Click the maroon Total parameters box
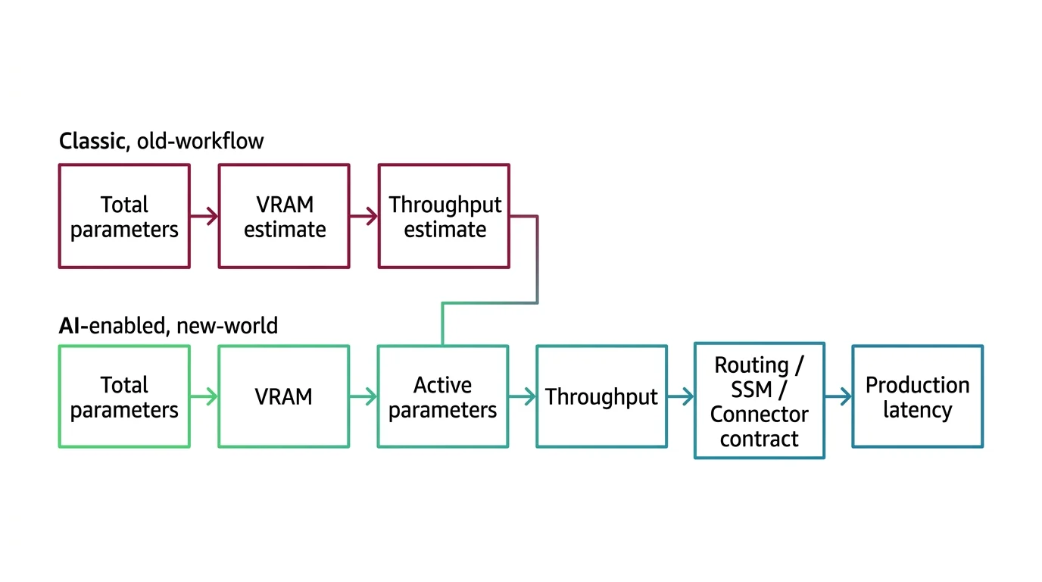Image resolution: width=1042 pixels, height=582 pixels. [x=124, y=216]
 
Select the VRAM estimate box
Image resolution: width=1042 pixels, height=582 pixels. [x=284, y=216]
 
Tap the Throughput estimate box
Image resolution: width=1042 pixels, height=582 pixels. [x=444, y=216]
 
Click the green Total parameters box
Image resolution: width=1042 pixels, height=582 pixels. [x=124, y=396]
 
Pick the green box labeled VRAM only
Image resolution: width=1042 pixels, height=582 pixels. [x=284, y=396]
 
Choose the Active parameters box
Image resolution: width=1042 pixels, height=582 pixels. [x=443, y=396]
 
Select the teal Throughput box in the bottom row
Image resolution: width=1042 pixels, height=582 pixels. [x=601, y=396]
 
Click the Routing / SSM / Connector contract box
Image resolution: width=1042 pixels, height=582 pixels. [x=760, y=401]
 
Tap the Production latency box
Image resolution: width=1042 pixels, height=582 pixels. [x=917, y=396]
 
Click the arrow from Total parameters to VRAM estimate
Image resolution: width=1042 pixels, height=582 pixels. [x=204, y=217]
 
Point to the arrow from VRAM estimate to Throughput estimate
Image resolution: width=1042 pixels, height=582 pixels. [x=364, y=217]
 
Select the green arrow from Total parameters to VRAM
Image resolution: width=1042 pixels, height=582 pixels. [x=204, y=396]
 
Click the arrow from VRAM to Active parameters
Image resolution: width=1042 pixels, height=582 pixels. [x=363, y=396]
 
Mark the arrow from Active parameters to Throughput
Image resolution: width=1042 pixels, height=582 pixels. [x=523, y=396]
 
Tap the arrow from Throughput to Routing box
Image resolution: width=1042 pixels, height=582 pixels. [x=681, y=396]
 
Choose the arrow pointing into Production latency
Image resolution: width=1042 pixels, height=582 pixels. [x=838, y=396]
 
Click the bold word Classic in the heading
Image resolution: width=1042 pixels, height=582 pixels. [x=91, y=141]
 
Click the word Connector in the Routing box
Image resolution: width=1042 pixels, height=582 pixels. [x=760, y=415]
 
